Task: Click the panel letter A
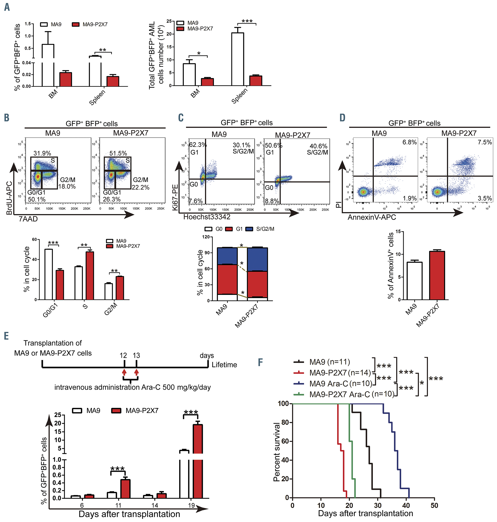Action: coord(7,7)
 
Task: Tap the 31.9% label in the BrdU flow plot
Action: coord(42,153)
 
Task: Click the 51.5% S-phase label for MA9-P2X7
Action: coord(118,153)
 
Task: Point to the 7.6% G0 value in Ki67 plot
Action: coord(196,201)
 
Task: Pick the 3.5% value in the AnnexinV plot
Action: coord(485,198)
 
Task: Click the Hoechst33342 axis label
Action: coord(207,217)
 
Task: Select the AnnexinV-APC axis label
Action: coord(371,217)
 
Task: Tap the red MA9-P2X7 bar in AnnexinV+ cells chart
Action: coord(437,275)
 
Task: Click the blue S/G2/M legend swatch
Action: coord(249,229)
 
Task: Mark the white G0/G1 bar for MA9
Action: coord(48,274)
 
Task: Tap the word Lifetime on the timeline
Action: coord(224,365)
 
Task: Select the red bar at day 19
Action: coord(198,461)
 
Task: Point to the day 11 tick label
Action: coord(118,505)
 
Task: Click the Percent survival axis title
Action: coord(277,452)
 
